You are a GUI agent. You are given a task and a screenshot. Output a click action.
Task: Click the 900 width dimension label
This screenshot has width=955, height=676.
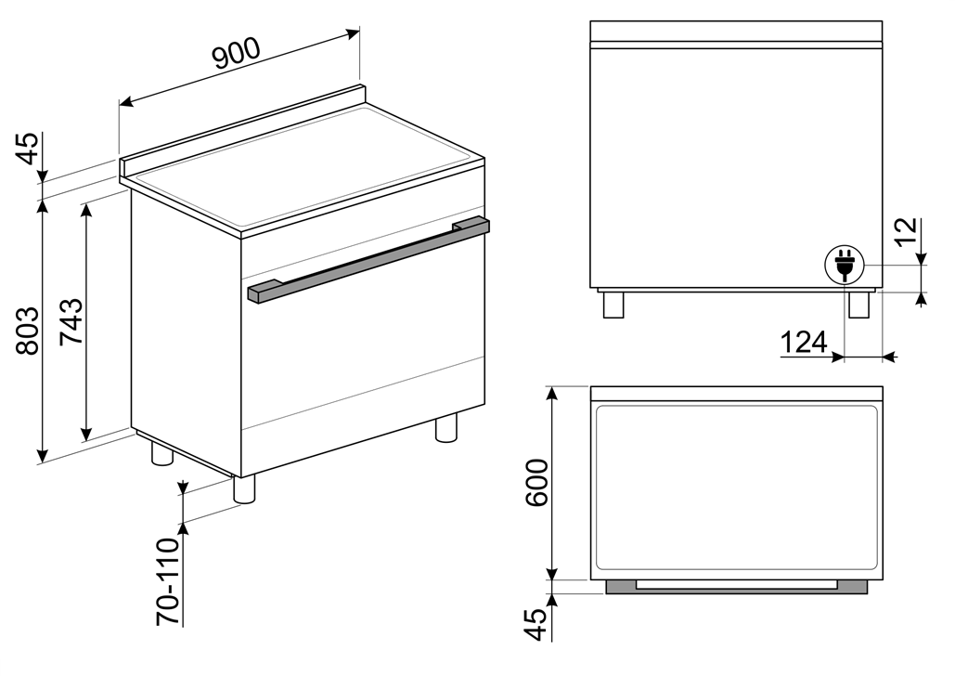(237, 53)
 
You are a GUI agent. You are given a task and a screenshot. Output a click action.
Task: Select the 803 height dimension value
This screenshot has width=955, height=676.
(28, 331)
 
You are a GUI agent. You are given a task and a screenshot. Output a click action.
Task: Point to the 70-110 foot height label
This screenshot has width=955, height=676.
(169, 581)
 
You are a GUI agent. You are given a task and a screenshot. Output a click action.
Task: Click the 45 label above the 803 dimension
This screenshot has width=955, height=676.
(28, 149)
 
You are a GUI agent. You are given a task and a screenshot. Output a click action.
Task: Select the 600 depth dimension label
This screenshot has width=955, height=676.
(536, 483)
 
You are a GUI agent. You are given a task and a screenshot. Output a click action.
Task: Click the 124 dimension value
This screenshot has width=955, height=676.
(804, 343)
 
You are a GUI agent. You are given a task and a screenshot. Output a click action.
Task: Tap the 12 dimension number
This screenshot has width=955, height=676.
(906, 231)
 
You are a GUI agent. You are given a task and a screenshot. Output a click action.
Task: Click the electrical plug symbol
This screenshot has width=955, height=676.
(844, 266)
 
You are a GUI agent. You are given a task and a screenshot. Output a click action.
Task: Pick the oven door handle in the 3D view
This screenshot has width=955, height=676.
(368, 259)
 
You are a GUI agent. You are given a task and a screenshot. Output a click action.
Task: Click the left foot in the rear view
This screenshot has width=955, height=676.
(613, 305)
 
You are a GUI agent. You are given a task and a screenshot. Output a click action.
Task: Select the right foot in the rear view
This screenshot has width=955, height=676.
(858, 305)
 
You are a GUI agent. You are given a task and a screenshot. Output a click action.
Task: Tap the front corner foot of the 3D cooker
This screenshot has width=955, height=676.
(243, 488)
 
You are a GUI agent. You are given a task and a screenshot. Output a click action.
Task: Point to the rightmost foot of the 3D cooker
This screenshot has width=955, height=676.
(445, 427)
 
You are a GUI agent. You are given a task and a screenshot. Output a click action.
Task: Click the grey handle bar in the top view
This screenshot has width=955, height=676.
(736, 587)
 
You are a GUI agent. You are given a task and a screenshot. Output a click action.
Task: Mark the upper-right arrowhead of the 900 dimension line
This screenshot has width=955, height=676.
(354, 32)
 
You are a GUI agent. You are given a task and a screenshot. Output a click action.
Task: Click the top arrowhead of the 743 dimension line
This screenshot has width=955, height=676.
(86, 210)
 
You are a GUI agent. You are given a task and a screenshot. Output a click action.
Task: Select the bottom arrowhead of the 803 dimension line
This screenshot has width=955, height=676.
(42, 455)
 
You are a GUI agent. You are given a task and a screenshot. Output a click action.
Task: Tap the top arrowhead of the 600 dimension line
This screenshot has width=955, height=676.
(551, 393)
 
